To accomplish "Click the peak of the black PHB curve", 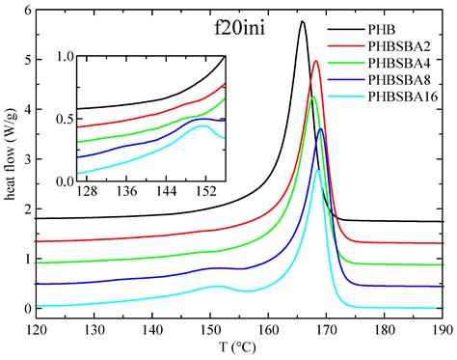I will (x=303, y=21).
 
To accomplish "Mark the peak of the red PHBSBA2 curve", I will (x=315, y=61).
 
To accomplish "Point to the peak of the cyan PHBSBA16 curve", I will (x=318, y=170).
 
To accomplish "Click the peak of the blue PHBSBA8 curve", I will (x=321, y=129).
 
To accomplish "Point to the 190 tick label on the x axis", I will (x=442, y=329).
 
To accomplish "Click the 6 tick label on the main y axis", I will (x=25, y=10).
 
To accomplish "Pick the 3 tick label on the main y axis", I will (x=25, y=159).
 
